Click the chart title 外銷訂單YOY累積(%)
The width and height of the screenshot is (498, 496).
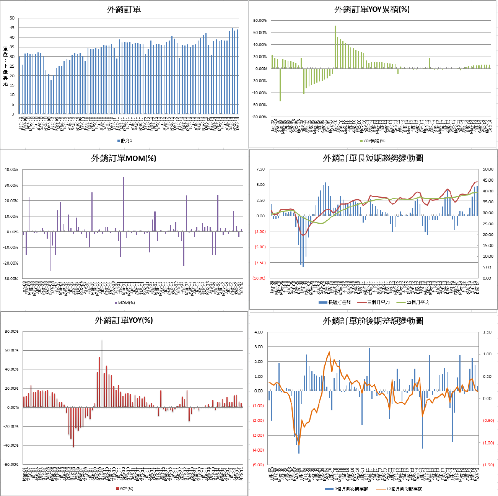(372, 10)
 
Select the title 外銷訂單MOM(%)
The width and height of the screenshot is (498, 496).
(124, 158)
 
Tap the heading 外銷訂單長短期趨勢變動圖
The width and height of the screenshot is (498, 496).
(373, 158)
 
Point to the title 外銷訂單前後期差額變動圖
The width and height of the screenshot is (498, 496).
(373, 321)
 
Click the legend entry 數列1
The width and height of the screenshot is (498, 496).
(125, 141)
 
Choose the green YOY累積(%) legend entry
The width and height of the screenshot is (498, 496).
(372, 141)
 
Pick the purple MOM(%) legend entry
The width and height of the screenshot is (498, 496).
(125, 302)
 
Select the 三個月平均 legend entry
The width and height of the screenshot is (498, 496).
(376, 302)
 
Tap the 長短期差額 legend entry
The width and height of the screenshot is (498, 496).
(337, 302)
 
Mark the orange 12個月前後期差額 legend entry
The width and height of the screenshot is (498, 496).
(402, 489)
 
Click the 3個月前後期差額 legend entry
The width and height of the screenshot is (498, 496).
(348, 489)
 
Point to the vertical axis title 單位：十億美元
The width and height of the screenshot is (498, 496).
(5, 66)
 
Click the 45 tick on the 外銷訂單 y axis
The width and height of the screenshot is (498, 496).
(12, 28)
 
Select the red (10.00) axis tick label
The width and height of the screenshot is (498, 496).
(259, 278)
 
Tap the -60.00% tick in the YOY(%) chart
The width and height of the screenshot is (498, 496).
(11, 464)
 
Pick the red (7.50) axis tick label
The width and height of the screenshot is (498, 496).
(260, 263)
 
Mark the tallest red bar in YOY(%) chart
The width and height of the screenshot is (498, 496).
(102, 373)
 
